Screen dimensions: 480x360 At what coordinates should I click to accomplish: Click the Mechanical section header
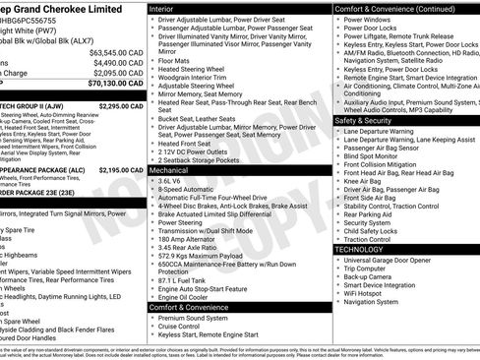click(x=169, y=170)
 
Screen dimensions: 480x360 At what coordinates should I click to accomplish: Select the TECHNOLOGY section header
click(x=360, y=250)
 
